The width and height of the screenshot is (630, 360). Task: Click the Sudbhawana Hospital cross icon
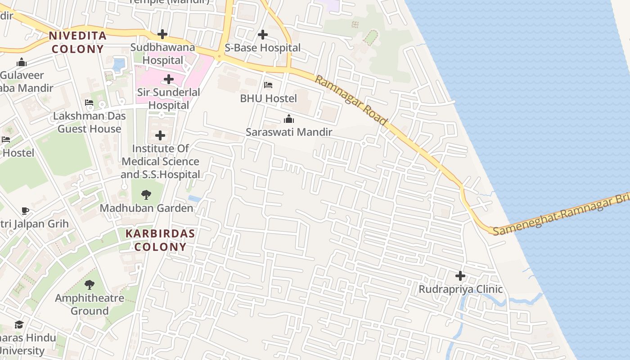pyautogui.click(x=162, y=34)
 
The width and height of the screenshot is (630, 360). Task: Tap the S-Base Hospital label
pyautogui.click(x=263, y=48)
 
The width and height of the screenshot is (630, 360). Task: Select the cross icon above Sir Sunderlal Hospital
pyautogui.click(x=169, y=80)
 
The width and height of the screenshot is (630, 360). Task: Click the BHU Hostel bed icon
pyautogui.click(x=268, y=85)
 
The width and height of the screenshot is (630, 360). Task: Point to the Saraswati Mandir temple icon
pyautogui.click(x=289, y=119)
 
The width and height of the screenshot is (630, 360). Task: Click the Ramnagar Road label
pyautogui.click(x=351, y=100)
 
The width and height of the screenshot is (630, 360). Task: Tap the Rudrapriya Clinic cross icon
pyautogui.click(x=460, y=276)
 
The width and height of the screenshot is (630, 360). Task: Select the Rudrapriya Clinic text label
pyautogui.click(x=460, y=289)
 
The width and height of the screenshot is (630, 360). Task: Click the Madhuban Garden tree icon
pyautogui.click(x=146, y=195)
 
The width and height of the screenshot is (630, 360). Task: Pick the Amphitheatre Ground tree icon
pyautogui.click(x=90, y=285)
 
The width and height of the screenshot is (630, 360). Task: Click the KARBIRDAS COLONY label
pyautogui.click(x=160, y=240)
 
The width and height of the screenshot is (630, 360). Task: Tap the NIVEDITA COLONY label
pyautogui.click(x=77, y=42)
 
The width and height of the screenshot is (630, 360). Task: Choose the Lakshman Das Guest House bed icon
pyautogui.click(x=89, y=103)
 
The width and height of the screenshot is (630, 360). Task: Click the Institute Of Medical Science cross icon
pyautogui.click(x=160, y=135)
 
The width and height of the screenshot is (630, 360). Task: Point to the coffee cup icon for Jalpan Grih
pyautogui.click(x=25, y=211)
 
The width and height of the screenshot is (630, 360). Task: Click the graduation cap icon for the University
pyautogui.click(x=19, y=324)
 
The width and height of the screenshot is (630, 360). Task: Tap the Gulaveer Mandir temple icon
pyautogui.click(x=22, y=63)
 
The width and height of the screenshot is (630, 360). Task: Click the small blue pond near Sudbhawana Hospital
pyautogui.click(x=119, y=64)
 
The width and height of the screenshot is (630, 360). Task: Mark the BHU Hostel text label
pyautogui.click(x=268, y=98)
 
